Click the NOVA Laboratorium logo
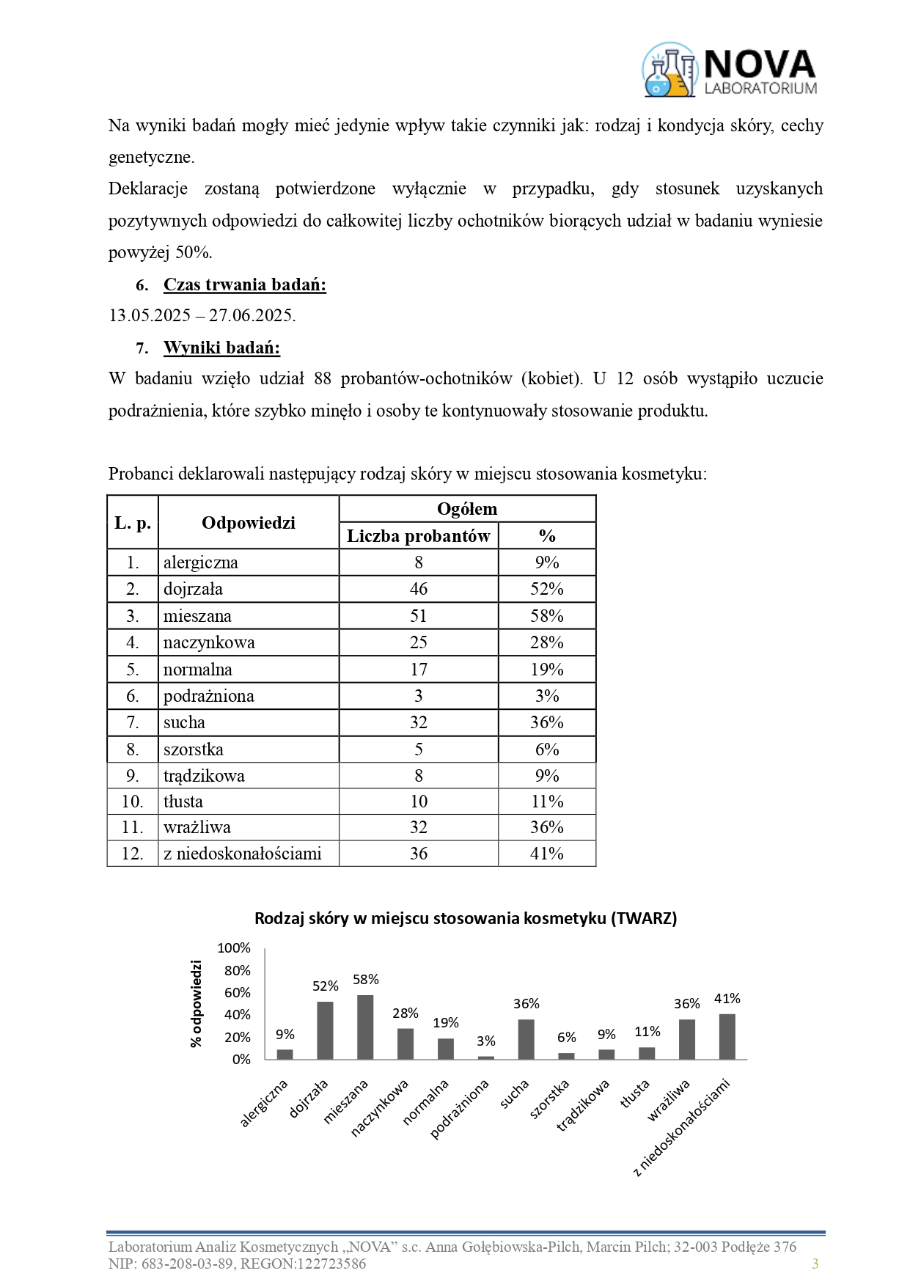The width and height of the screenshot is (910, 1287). pos(730,70)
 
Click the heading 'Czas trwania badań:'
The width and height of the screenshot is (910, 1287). pos(244,285)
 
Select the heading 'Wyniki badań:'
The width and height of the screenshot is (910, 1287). pos(221,348)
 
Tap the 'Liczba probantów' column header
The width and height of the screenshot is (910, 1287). pos(418,536)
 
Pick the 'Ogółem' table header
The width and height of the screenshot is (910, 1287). pos(467,509)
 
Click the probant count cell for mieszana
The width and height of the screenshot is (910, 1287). pos(418,616)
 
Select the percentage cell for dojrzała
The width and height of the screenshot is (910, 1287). pos(547,589)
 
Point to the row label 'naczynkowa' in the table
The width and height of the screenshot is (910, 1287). pos(209,642)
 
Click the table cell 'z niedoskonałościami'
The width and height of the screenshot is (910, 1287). pos(242,854)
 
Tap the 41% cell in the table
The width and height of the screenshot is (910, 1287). pos(547,854)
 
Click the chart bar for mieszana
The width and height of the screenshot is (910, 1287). pos(365,1027)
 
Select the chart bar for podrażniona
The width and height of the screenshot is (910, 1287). pos(486,1057)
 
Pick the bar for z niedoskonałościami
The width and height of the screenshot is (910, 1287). pos(727,1036)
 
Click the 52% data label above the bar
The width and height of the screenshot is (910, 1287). pos(326,986)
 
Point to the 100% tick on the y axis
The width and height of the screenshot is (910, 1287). pos(234,948)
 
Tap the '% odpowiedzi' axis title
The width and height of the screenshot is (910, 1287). pos(196,1003)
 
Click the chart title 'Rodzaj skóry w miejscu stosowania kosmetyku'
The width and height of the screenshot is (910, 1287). pos(466,918)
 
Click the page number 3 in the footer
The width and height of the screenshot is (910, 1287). pos(815,1264)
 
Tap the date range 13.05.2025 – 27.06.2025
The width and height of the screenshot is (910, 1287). pos(202,315)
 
